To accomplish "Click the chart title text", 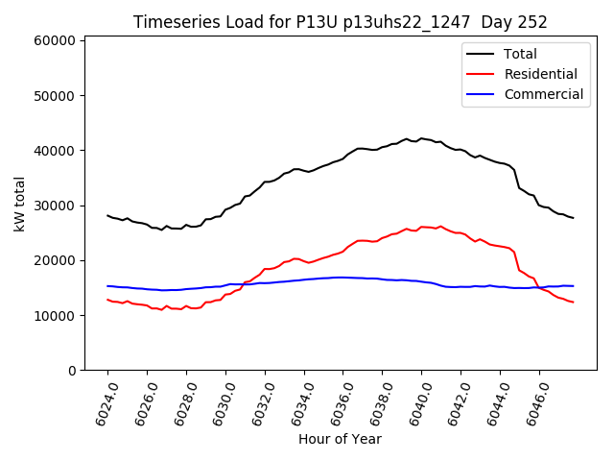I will coord(340,22).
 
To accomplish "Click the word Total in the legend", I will coord(520,54).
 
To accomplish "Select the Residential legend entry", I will coord(540,74).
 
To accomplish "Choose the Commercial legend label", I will coord(543,94).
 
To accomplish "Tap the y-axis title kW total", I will coord(20,204).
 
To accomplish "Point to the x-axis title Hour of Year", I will coord(340,439).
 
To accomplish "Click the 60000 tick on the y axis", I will coord(55,41).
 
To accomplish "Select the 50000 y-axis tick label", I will coord(55,96).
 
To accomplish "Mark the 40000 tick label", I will coord(55,151).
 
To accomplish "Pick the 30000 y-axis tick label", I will coord(55,206).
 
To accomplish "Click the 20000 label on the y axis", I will coord(55,260).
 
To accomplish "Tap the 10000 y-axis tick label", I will coord(55,315).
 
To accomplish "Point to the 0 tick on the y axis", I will coord(72,371).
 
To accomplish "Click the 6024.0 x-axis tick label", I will coord(103,401).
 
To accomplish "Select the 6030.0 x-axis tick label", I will coord(221,401).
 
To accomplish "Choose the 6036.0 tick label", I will coord(338,401).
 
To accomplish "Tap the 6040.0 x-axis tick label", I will coord(416,401).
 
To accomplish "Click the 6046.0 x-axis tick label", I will coord(534,401).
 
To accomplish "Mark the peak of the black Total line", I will coord(422,138).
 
